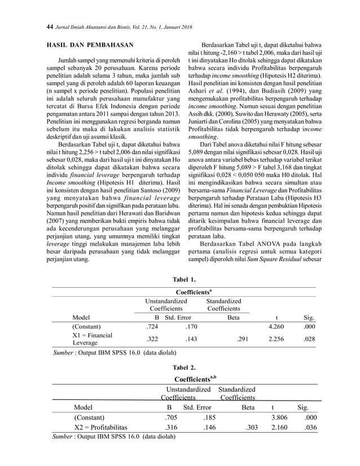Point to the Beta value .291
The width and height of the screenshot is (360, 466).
click(242, 339)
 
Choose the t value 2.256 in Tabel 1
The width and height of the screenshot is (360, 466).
click(276, 339)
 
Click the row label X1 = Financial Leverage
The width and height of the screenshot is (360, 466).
click(93, 339)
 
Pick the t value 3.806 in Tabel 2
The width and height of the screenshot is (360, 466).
click(280, 417)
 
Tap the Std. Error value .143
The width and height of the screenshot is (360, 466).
click(191, 339)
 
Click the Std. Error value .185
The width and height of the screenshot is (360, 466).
click(210, 417)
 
